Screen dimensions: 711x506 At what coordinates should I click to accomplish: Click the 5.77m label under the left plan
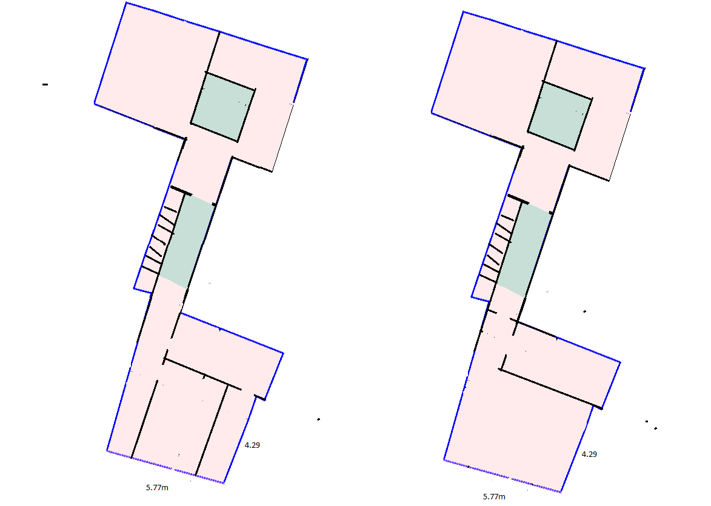tap(157, 488)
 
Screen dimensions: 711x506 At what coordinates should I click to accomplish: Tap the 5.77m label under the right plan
tap(494, 497)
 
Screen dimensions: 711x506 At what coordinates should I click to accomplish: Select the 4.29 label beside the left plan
tap(252, 445)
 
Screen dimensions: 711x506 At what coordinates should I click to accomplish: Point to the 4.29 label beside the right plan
tap(589, 454)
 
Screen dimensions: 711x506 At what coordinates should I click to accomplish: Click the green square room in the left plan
tap(222, 107)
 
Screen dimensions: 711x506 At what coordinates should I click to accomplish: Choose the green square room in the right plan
tap(559, 116)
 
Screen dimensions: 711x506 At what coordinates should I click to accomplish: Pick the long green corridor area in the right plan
tap(525, 250)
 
